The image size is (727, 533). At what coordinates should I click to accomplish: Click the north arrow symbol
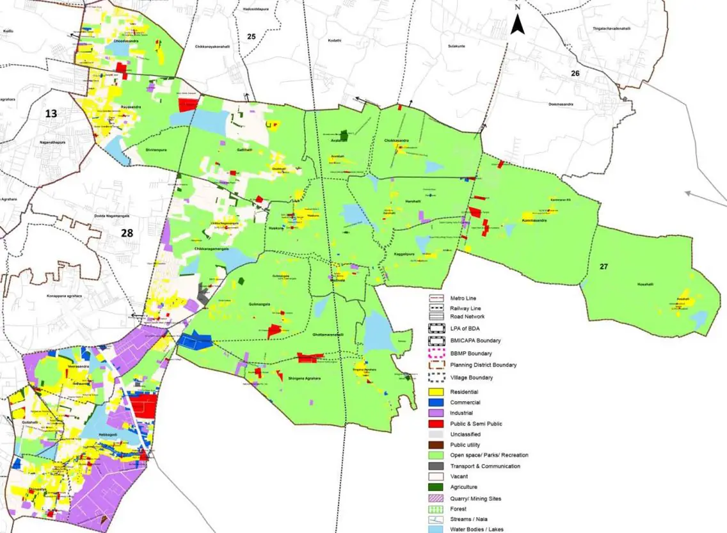(518, 24)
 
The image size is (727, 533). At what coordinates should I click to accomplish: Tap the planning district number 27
(603, 266)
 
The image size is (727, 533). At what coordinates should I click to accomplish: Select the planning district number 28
(127, 233)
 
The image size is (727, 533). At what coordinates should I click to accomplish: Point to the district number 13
(51, 114)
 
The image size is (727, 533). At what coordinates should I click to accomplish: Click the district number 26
(575, 74)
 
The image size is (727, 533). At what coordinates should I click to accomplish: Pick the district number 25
(252, 36)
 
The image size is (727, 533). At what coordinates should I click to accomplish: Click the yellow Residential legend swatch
(436, 392)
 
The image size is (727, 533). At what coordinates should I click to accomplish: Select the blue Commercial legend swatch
(436, 402)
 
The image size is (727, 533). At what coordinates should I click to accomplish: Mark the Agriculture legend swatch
(436, 487)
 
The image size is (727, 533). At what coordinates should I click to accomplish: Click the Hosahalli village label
(645, 284)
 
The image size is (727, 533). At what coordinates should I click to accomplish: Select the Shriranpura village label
(156, 150)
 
